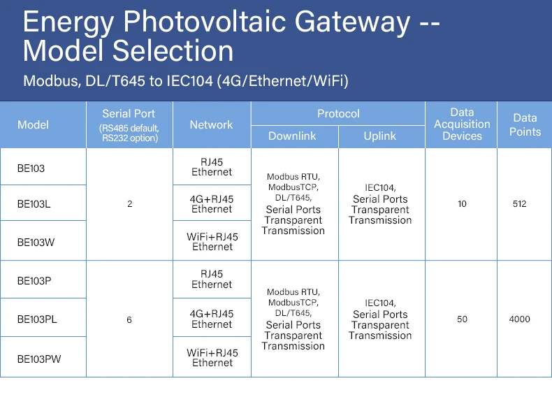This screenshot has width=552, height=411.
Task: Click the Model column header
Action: tap(33, 125)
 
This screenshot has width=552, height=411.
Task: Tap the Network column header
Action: tap(211, 125)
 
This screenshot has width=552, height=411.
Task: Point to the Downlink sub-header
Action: tap(292, 136)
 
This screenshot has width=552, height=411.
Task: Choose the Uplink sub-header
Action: tap(380, 136)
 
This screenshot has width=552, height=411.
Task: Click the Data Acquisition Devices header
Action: tap(462, 124)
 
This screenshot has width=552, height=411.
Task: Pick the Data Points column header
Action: tap(525, 125)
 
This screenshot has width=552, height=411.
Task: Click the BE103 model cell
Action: tap(31, 168)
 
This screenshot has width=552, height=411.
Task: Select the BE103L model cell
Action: tap(34, 204)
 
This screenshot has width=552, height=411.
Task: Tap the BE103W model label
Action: tap(36, 242)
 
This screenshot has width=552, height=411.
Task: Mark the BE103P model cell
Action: tap(34, 280)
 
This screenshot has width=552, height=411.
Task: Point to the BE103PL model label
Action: tap(37, 319)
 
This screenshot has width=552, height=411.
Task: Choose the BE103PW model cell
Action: tap(39, 359)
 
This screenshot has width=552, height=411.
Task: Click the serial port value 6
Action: tap(129, 319)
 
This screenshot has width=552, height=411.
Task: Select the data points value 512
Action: tap(519, 204)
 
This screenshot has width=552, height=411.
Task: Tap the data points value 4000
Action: tap(519, 319)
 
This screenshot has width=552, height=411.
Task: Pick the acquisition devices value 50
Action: tap(462, 319)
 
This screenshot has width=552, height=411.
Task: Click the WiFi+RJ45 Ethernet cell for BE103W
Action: tap(212, 242)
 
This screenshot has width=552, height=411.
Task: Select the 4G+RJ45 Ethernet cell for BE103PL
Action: tap(212, 319)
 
